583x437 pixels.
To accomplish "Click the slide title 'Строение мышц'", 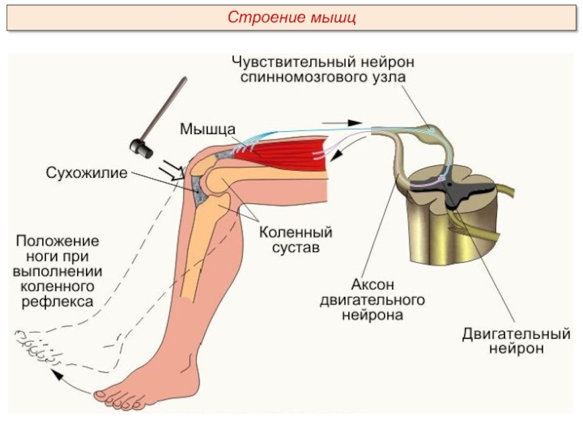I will (291, 17).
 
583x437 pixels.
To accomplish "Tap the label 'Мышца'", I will (208, 128).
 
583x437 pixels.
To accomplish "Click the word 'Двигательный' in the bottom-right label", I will (515, 334).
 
